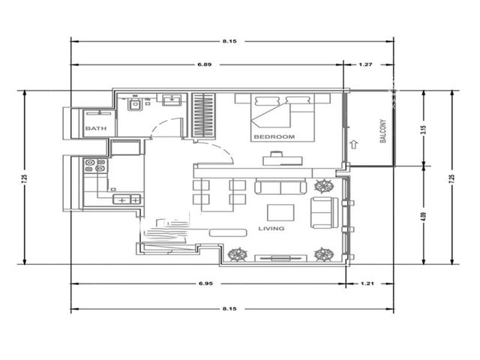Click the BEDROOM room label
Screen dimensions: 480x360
pyautogui.click(x=274, y=136)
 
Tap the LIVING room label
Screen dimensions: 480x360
pyautogui.click(x=271, y=228)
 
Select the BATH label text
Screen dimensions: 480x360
pyautogui.click(x=96, y=128)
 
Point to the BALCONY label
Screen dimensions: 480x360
pyautogui.click(x=382, y=131)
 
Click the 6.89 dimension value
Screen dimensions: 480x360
pyautogui.click(x=205, y=64)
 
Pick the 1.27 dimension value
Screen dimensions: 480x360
pyautogui.click(x=365, y=64)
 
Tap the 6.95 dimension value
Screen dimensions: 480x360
pyautogui.click(x=205, y=283)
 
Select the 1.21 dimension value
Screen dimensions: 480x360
pyautogui.click(x=367, y=283)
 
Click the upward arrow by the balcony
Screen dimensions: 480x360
pyautogui.click(x=354, y=144)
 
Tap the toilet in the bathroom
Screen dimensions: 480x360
pyautogui.click(x=135, y=103)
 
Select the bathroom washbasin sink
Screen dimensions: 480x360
pyautogui.click(x=172, y=100)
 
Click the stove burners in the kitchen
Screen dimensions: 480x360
pyautogui.click(x=95, y=165)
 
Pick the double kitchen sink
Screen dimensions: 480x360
pyautogui.click(x=127, y=199)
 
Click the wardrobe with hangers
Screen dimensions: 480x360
pyautogui.click(x=203, y=115)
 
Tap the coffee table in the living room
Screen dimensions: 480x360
pyautogui.click(x=280, y=213)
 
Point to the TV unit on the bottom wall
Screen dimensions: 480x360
pyautogui.click(x=280, y=258)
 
